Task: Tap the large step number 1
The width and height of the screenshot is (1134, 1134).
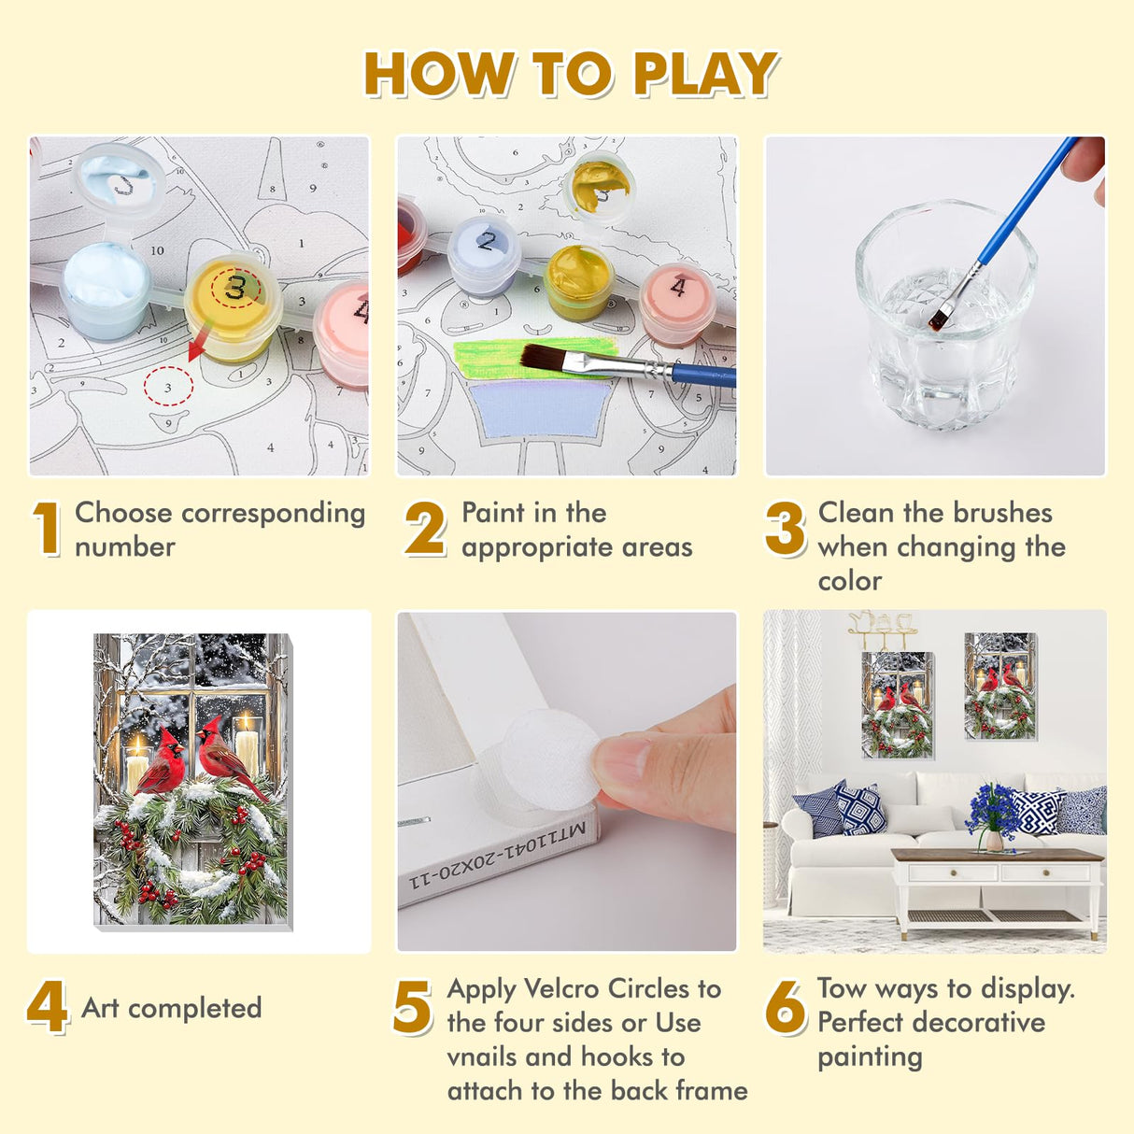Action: coord(47,528)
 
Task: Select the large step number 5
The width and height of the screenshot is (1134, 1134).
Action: coord(412,1007)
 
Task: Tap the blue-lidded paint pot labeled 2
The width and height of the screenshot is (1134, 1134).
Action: coord(484,255)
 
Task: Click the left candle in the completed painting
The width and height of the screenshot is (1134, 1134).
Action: coord(136,764)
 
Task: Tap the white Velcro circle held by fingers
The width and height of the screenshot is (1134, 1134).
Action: coord(550,759)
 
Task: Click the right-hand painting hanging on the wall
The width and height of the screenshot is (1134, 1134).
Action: coord(999,686)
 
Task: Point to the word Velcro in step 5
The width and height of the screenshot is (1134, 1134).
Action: coord(562,989)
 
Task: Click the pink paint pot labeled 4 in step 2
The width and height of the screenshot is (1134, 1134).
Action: coord(678,304)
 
